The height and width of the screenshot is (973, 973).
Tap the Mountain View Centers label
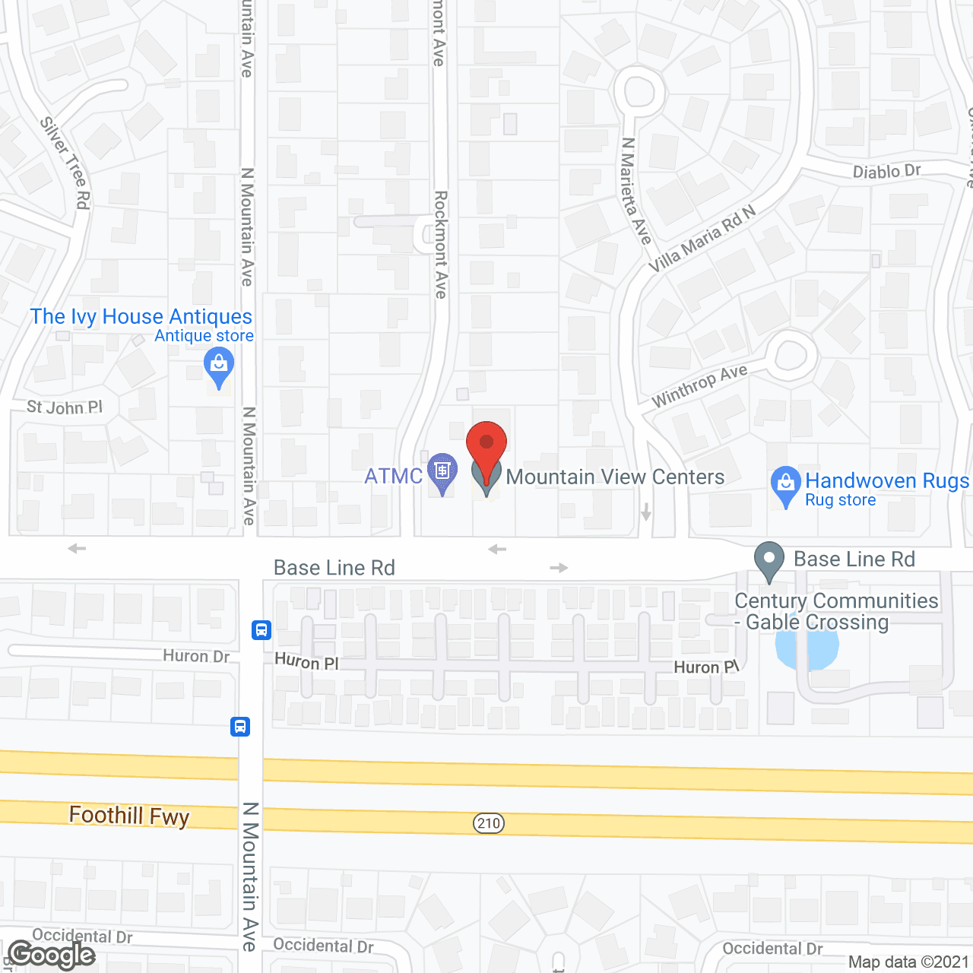coord(615,477)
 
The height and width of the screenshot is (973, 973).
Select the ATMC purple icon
coord(442,471)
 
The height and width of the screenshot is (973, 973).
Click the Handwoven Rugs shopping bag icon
coord(786,483)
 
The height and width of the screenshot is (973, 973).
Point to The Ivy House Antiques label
coord(141,316)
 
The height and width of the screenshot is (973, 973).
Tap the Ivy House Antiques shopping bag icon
coord(219,366)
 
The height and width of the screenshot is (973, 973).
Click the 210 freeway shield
coord(489,823)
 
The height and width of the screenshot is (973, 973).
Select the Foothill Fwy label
coord(129,816)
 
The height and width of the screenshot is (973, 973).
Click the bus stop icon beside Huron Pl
coord(261,629)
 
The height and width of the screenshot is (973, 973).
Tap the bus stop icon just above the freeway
coord(240,727)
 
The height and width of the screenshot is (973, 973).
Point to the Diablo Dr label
coord(886,171)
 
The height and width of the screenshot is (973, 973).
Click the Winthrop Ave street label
coord(699,385)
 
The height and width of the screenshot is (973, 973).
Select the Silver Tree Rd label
coord(67,163)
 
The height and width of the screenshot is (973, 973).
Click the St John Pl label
coord(65,407)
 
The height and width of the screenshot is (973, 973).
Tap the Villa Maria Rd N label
coord(702,239)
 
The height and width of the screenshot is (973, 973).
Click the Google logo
coord(52,955)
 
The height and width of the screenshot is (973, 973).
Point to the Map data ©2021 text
coord(908,962)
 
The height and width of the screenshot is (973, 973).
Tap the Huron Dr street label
coord(196,656)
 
